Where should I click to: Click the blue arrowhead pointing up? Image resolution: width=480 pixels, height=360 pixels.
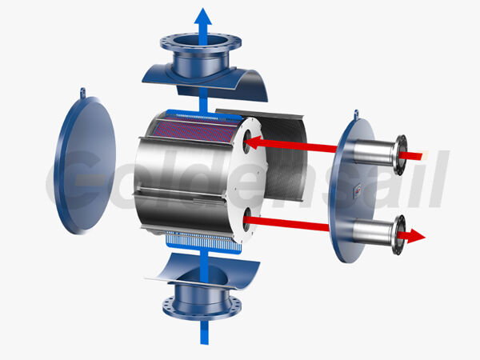pos(205,17)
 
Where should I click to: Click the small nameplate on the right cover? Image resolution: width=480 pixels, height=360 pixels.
pos(358,190)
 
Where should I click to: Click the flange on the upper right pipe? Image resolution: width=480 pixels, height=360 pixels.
pos(398,152)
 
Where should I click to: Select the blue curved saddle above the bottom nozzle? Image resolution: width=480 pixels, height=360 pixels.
pos(205,268)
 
